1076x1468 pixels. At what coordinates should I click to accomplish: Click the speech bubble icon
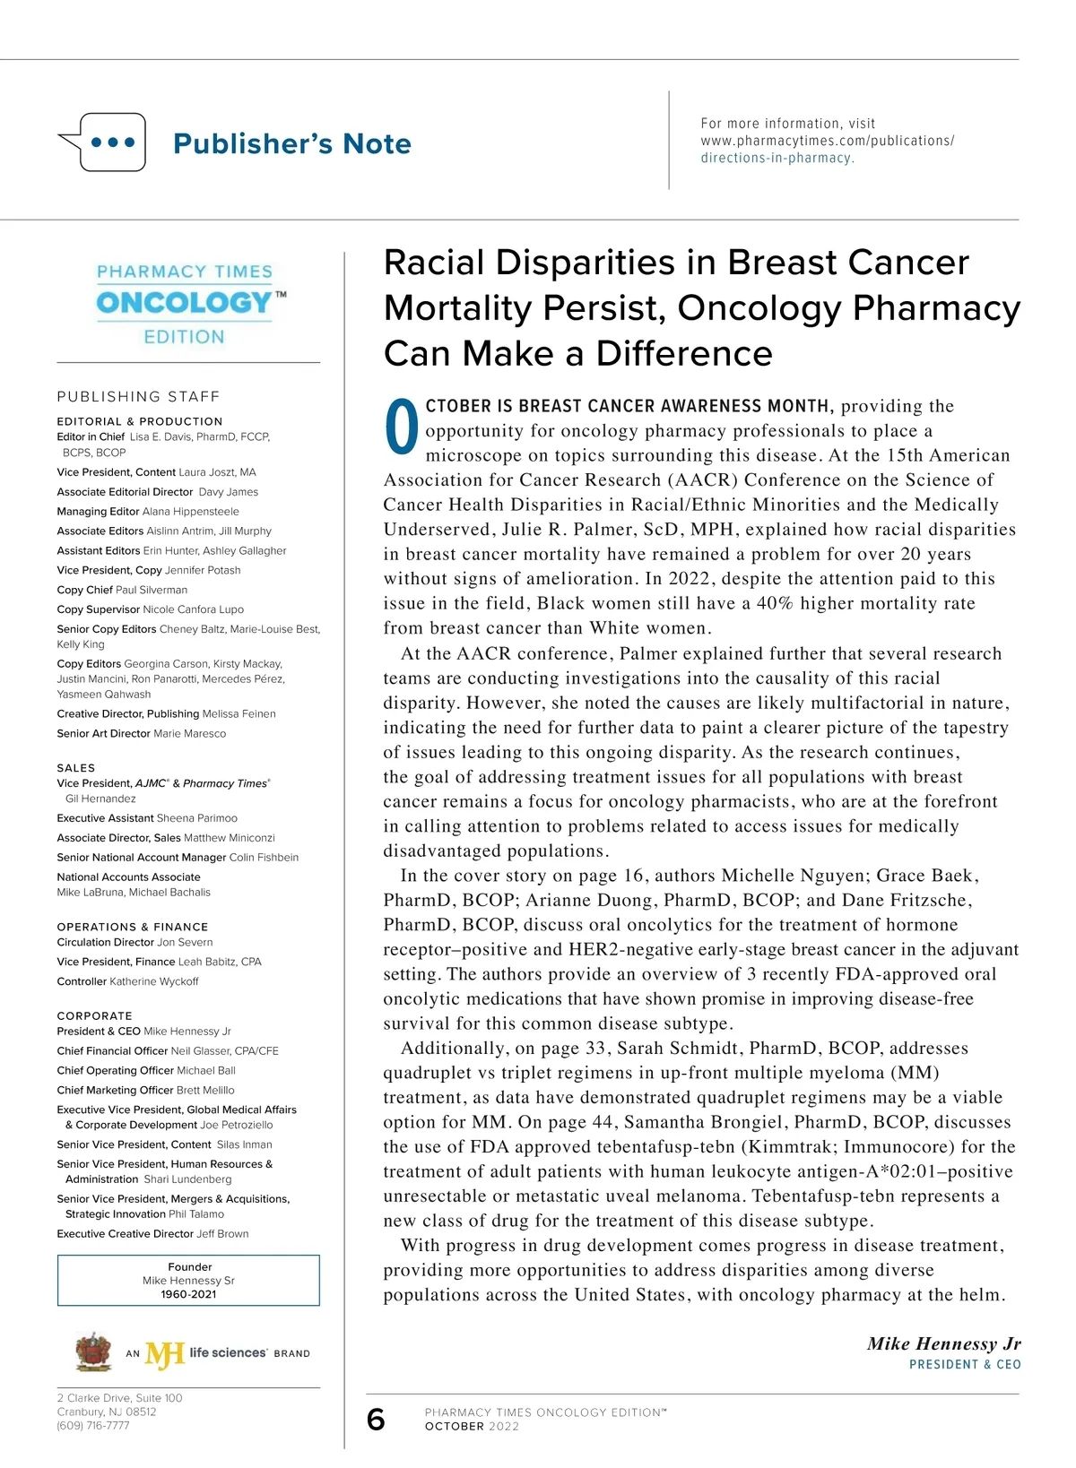[x=103, y=142]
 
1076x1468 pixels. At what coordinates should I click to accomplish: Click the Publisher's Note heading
[x=291, y=143]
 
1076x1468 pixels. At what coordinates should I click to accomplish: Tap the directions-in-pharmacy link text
[x=777, y=158]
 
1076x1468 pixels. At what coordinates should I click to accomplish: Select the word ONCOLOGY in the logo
[x=184, y=303]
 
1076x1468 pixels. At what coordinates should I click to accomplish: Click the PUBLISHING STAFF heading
[x=138, y=396]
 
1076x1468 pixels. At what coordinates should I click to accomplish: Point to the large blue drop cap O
[x=401, y=427]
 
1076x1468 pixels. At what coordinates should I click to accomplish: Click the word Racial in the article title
[x=434, y=263]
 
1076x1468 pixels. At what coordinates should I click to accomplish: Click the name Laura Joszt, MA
[x=217, y=472]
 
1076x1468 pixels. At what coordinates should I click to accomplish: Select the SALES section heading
[x=75, y=768]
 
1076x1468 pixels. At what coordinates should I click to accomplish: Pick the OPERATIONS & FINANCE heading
[x=132, y=927]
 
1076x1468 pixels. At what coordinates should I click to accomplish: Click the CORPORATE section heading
[x=94, y=1015]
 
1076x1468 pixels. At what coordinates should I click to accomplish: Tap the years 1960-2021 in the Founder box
[x=188, y=1294]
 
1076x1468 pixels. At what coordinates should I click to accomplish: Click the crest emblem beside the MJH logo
[x=93, y=1352]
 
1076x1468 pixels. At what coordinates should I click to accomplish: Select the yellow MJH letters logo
[x=164, y=1354]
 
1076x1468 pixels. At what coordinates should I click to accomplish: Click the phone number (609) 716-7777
[x=93, y=1426]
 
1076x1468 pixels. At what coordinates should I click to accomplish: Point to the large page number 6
[x=376, y=1420]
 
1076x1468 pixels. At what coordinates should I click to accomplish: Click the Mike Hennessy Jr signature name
[x=943, y=1343]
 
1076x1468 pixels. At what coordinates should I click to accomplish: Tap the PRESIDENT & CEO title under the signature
[x=965, y=1365]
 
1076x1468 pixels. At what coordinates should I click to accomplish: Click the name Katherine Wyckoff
[x=153, y=981]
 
